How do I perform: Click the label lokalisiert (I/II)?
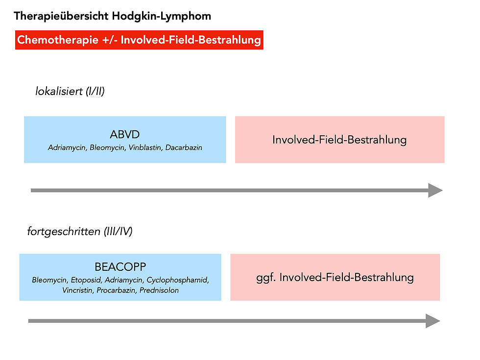(70, 92)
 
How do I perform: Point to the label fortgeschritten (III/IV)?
(79, 232)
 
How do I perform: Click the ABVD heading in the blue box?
(125, 135)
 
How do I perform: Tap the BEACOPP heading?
(120, 267)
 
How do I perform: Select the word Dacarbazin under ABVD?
(184, 147)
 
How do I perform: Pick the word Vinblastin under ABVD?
(145, 147)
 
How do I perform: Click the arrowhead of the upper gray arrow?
(435, 190)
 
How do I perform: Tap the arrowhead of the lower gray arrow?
(432, 321)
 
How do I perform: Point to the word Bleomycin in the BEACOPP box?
(49, 281)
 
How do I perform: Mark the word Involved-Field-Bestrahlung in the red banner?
(191, 40)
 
